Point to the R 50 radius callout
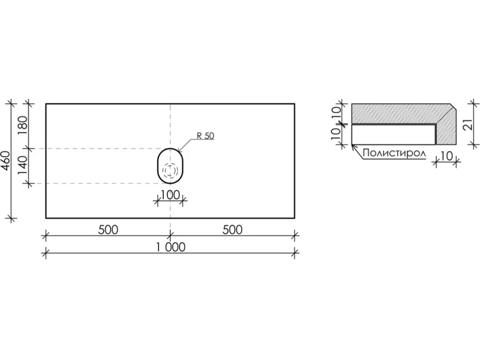[x=205, y=136]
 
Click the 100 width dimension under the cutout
[x=170, y=195]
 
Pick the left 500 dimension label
[x=108, y=230]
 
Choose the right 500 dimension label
[x=233, y=230]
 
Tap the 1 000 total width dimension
[x=171, y=247]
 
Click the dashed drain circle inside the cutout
[x=170, y=170]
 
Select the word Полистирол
[x=394, y=153]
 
